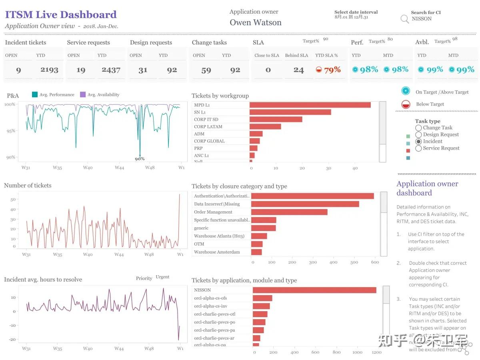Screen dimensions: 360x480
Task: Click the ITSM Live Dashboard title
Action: [x=61, y=15]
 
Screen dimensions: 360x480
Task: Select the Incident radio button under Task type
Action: [x=418, y=141]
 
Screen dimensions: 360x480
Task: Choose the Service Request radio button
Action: [x=418, y=148]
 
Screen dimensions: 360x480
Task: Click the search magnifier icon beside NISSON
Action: [x=405, y=19]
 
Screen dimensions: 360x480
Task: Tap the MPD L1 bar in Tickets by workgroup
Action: [x=310, y=105]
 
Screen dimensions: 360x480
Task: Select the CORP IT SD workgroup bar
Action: [x=276, y=119]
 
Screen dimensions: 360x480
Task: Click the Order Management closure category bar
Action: [x=289, y=212]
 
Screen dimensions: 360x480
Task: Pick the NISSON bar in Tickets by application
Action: [x=314, y=290]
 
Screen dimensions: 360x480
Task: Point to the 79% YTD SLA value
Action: [x=332, y=70]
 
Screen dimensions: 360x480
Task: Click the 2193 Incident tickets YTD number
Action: [x=50, y=70]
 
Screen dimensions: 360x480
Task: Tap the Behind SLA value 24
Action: [x=298, y=70]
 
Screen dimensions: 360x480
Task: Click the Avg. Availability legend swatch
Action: [x=83, y=95]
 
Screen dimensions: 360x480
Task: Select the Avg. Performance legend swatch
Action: [x=35, y=95]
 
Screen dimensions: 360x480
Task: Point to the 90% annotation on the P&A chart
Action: [x=140, y=159]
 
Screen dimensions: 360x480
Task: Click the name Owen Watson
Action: [x=256, y=23]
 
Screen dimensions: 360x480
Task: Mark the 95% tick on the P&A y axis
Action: [x=10, y=131]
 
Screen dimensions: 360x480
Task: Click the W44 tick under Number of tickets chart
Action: [x=119, y=254]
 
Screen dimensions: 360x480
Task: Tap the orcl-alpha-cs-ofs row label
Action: [x=210, y=298]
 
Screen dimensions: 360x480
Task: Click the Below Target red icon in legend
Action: [x=406, y=104]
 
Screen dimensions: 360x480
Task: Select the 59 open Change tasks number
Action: [x=206, y=70]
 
